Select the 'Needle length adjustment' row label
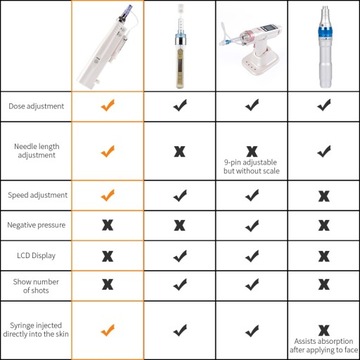click(x=36, y=150)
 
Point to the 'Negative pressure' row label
click(x=36, y=226)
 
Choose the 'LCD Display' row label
click(x=36, y=255)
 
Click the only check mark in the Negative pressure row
click(x=251, y=226)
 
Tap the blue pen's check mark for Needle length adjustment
click(x=323, y=150)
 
